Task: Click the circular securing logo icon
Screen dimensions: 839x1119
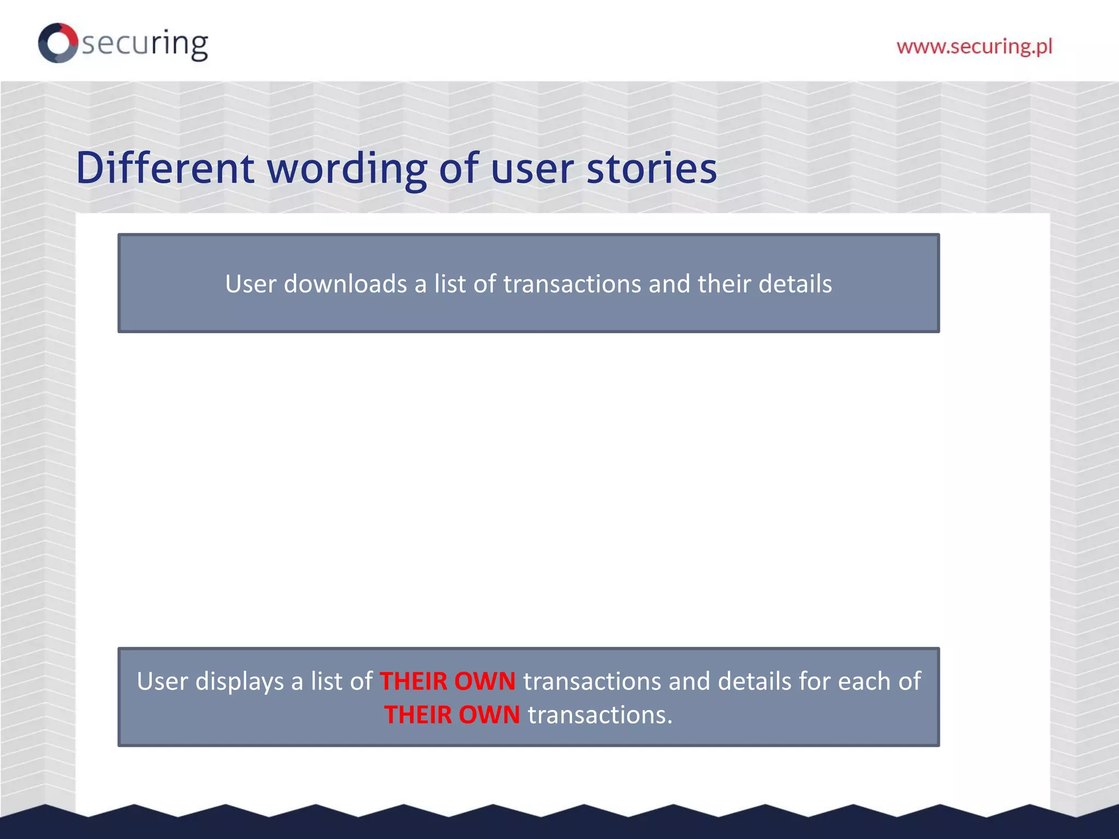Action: tap(57, 43)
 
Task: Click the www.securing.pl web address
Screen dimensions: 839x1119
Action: tap(974, 46)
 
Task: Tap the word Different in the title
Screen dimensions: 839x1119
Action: tap(164, 168)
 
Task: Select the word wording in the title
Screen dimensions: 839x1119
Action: tap(347, 169)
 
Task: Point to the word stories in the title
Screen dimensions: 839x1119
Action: tap(651, 168)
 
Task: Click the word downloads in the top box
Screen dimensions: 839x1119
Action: tap(345, 284)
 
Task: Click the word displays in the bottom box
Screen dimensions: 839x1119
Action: tap(239, 682)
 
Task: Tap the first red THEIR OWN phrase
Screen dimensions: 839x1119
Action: tap(447, 681)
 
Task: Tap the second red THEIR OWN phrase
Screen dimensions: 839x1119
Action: tap(452, 715)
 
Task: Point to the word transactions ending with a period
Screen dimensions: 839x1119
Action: tap(599, 715)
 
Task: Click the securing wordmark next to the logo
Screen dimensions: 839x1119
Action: tap(145, 44)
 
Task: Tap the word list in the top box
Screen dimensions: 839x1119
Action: tap(450, 284)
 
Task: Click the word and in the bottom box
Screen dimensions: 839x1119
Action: tap(689, 681)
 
